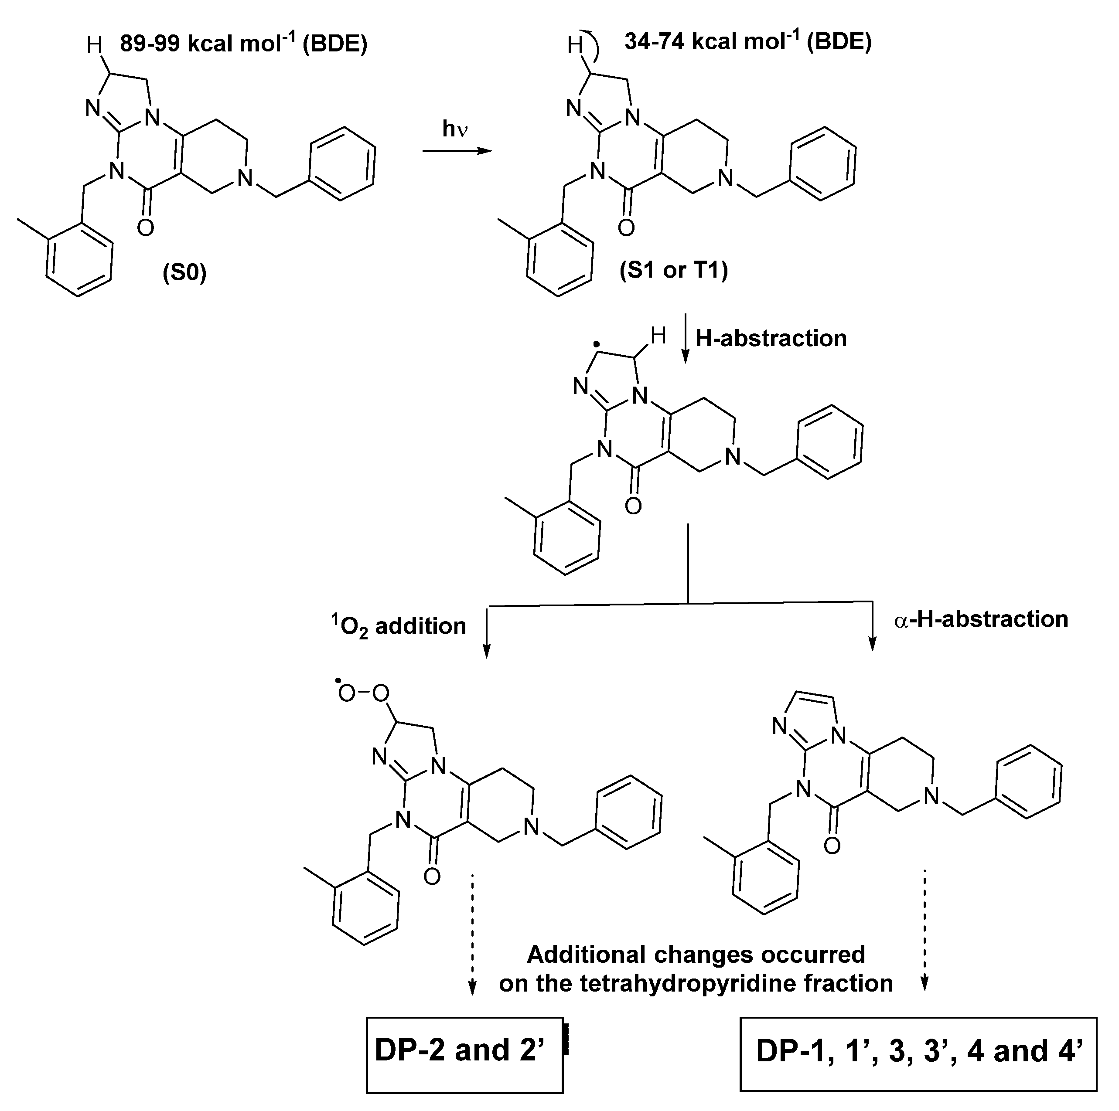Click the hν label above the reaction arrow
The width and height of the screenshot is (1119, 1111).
[x=455, y=129]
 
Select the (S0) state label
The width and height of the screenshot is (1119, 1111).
[x=184, y=272]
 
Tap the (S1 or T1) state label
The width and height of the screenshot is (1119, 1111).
[x=674, y=270]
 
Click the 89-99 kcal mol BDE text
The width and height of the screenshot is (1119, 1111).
[x=243, y=44]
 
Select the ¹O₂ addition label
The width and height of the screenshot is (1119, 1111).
[x=399, y=625]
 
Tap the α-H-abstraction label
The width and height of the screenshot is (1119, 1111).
[x=981, y=619]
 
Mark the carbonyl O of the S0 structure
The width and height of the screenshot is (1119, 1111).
[x=145, y=228]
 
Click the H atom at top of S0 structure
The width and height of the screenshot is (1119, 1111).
[x=94, y=44]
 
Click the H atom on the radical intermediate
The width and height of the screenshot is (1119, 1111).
[x=658, y=335]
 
